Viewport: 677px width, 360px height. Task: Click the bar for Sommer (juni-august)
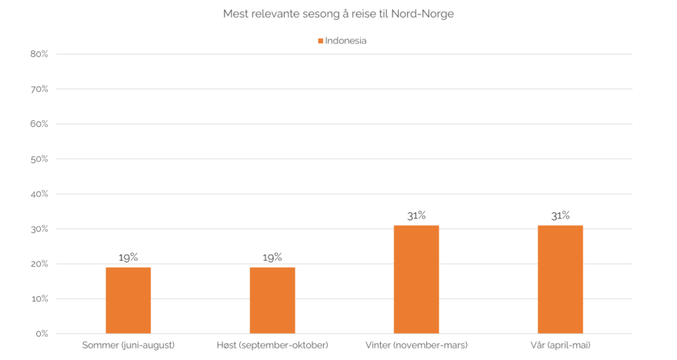(128, 300)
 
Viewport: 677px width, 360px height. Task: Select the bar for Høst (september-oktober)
(272, 300)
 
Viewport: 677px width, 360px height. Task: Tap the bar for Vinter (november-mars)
(416, 278)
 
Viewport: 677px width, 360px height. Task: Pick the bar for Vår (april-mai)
(560, 278)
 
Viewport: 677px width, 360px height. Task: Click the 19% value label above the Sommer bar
(128, 257)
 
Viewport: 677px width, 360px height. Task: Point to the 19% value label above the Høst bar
(272, 257)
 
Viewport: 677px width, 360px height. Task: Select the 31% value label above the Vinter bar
(416, 215)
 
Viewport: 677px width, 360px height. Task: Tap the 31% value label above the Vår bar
(560, 215)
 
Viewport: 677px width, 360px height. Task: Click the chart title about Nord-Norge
(338, 14)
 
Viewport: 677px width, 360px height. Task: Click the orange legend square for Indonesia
(321, 41)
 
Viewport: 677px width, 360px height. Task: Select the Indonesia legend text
(345, 41)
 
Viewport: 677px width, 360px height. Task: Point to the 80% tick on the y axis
(39, 54)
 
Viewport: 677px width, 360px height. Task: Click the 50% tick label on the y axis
(39, 159)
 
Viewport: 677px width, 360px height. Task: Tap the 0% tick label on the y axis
(42, 334)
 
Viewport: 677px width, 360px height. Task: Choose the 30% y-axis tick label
(39, 229)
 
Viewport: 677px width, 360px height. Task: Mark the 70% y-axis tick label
(39, 89)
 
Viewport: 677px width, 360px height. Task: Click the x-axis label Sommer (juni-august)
(128, 345)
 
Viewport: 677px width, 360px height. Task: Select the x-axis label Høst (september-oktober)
(272, 345)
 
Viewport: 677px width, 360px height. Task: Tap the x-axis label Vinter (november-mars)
(416, 345)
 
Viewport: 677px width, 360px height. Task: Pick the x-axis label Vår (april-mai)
(560, 345)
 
